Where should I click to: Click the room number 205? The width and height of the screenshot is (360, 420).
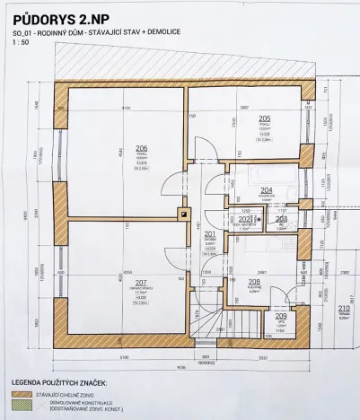[264, 118]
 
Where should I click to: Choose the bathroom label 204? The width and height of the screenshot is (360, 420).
[267, 189]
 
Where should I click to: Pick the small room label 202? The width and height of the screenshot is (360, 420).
[244, 219]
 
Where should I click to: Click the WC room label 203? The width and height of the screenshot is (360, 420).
[281, 218]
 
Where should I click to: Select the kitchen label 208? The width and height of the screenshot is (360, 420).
[254, 282]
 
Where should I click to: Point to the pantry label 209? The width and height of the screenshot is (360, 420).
[281, 316]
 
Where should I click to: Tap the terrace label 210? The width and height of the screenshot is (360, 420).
[344, 309]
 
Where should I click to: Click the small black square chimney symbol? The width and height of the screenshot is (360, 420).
[183, 214]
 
